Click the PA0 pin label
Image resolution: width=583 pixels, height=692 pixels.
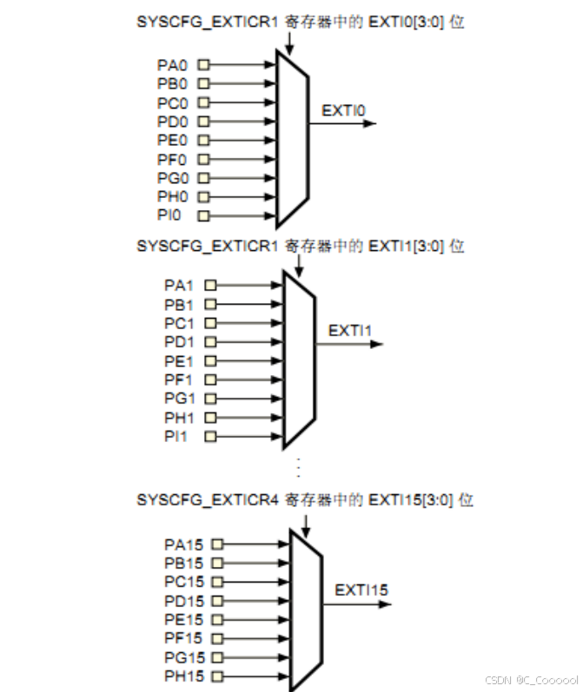coord(172,65)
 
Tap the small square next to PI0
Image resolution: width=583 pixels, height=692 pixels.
coord(204,215)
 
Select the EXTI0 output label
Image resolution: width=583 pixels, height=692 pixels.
coord(343,110)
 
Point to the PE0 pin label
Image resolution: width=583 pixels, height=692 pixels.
coord(172,140)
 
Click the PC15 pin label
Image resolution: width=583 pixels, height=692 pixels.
coord(183,582)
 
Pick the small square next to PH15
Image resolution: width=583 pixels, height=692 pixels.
coord(216,676)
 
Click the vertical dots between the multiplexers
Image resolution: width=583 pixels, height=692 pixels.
coord(297,466)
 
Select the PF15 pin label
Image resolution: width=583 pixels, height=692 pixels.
coord(183,638)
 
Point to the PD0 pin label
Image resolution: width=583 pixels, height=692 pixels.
coord(172,122)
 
